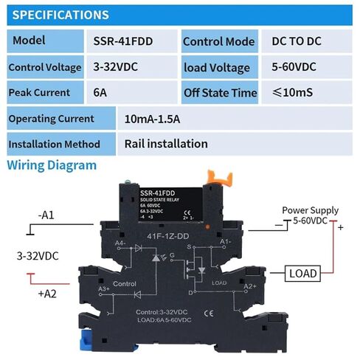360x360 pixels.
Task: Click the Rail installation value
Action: (x=166, y=143)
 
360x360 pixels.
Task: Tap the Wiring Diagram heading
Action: (x=52, y=165)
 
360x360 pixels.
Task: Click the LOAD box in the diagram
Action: (x=302, y=274)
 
